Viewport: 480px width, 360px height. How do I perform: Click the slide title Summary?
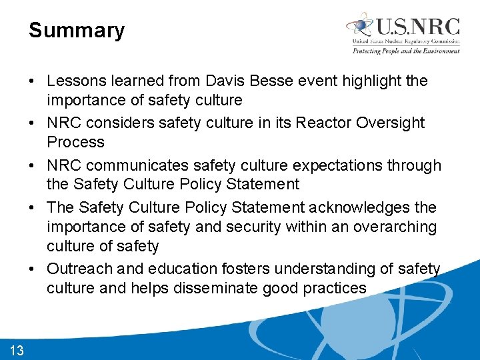click(x=77, y=31)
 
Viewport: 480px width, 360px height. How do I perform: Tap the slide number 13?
click(x=17, y=351)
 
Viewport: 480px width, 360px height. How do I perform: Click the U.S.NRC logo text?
click(x=417, y=27)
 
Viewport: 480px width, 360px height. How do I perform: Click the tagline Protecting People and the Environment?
click(x=406, y=51)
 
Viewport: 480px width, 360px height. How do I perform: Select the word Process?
click(x=75, y=142)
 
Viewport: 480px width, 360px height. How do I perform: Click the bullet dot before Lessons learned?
click(x=33, y=81)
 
